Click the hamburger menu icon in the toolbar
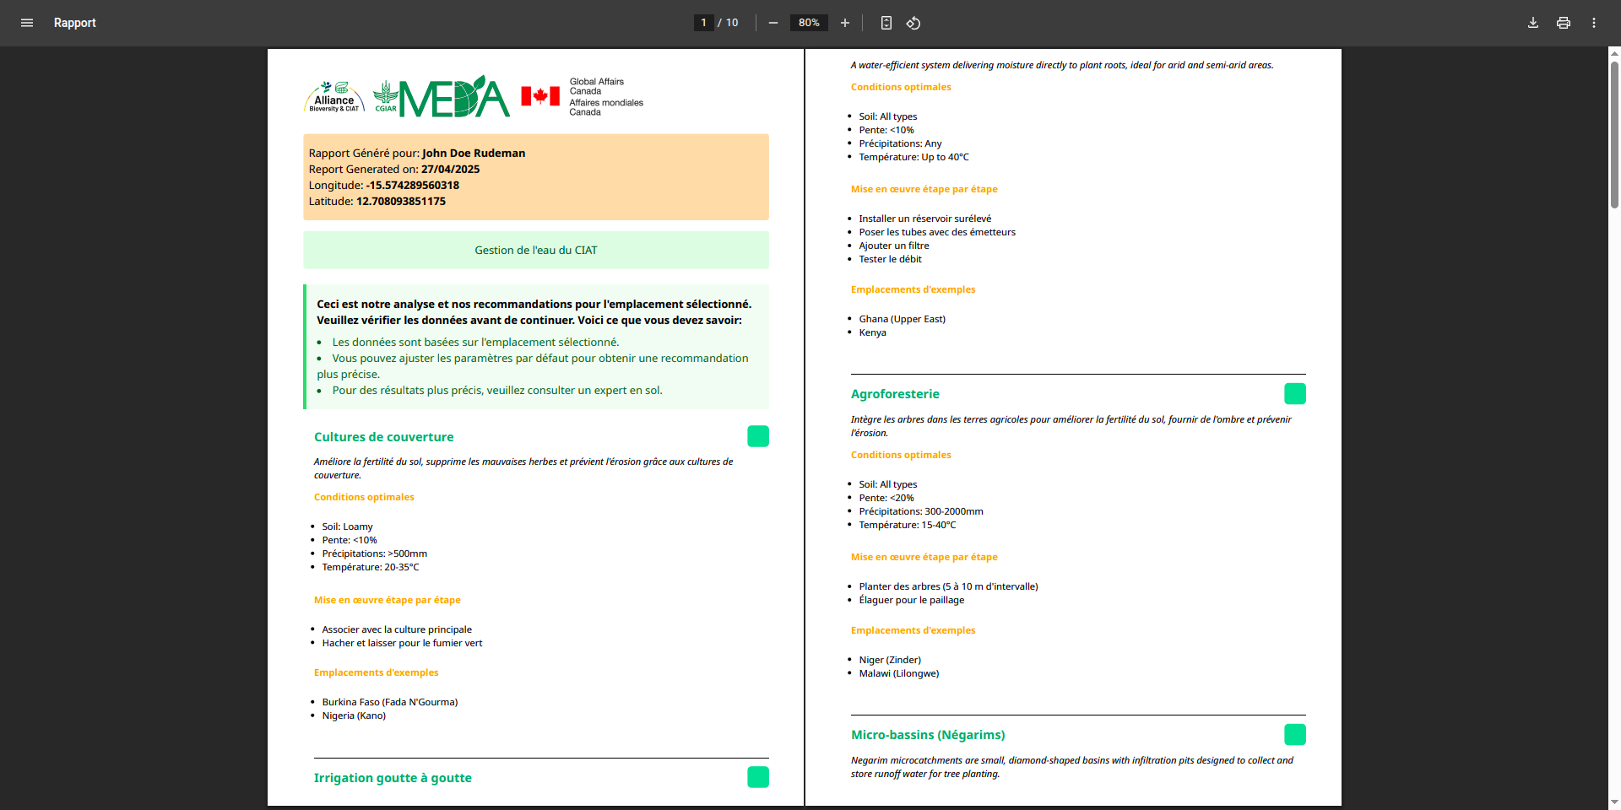(27, 23)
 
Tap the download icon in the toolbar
(1533, 23)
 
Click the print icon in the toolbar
(1564, 23)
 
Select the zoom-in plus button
(845, 23)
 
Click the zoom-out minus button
(773, 23)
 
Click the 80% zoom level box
(809, 23)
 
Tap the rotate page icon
(914, 23)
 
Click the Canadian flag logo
(540, 96)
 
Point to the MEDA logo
(454, 97)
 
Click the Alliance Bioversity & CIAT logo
(334, 97)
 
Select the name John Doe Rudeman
(474, 153)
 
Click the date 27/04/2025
(450, 169)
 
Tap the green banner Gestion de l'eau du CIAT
(536, 250)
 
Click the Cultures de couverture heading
(384, 437)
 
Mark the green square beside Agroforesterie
(1294, 394)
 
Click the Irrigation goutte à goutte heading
(393, 778)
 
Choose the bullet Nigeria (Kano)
(354, 715)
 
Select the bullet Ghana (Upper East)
(902, 319)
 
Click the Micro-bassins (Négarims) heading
(928, 735)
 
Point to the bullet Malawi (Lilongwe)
(898, 673)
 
